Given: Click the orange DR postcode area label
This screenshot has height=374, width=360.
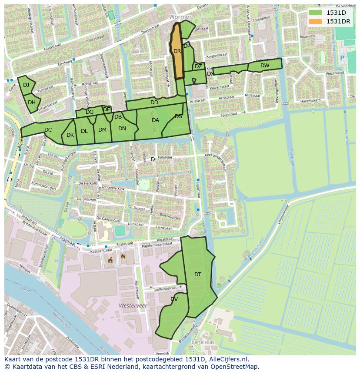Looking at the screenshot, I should [177, 51].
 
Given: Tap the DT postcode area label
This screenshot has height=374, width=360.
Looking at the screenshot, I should [198, 274].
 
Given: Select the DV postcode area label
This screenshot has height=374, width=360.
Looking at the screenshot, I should [174, 299].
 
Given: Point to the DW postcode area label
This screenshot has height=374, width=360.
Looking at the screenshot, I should [265, 66].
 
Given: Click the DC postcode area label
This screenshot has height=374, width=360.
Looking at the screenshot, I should [48, 129].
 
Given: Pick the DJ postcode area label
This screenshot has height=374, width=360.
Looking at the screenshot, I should [26, 85].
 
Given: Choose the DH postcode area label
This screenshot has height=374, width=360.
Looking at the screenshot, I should [32, 103].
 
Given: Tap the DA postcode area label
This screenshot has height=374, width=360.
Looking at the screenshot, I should [155, 120].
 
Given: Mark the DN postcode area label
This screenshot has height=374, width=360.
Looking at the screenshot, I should [122, 128].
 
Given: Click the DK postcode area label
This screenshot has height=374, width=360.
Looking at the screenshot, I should [70, 135].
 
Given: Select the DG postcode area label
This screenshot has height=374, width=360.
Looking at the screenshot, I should [90, 112].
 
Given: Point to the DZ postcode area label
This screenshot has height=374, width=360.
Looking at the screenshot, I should [198, 66].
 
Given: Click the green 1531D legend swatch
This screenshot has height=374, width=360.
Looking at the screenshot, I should [315, 13].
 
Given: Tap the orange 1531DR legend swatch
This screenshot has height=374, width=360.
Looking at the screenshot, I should [315, 21].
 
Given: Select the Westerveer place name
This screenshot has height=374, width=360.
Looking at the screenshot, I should [133, 306].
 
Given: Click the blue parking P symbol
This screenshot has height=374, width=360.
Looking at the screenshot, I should [342, 57].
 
